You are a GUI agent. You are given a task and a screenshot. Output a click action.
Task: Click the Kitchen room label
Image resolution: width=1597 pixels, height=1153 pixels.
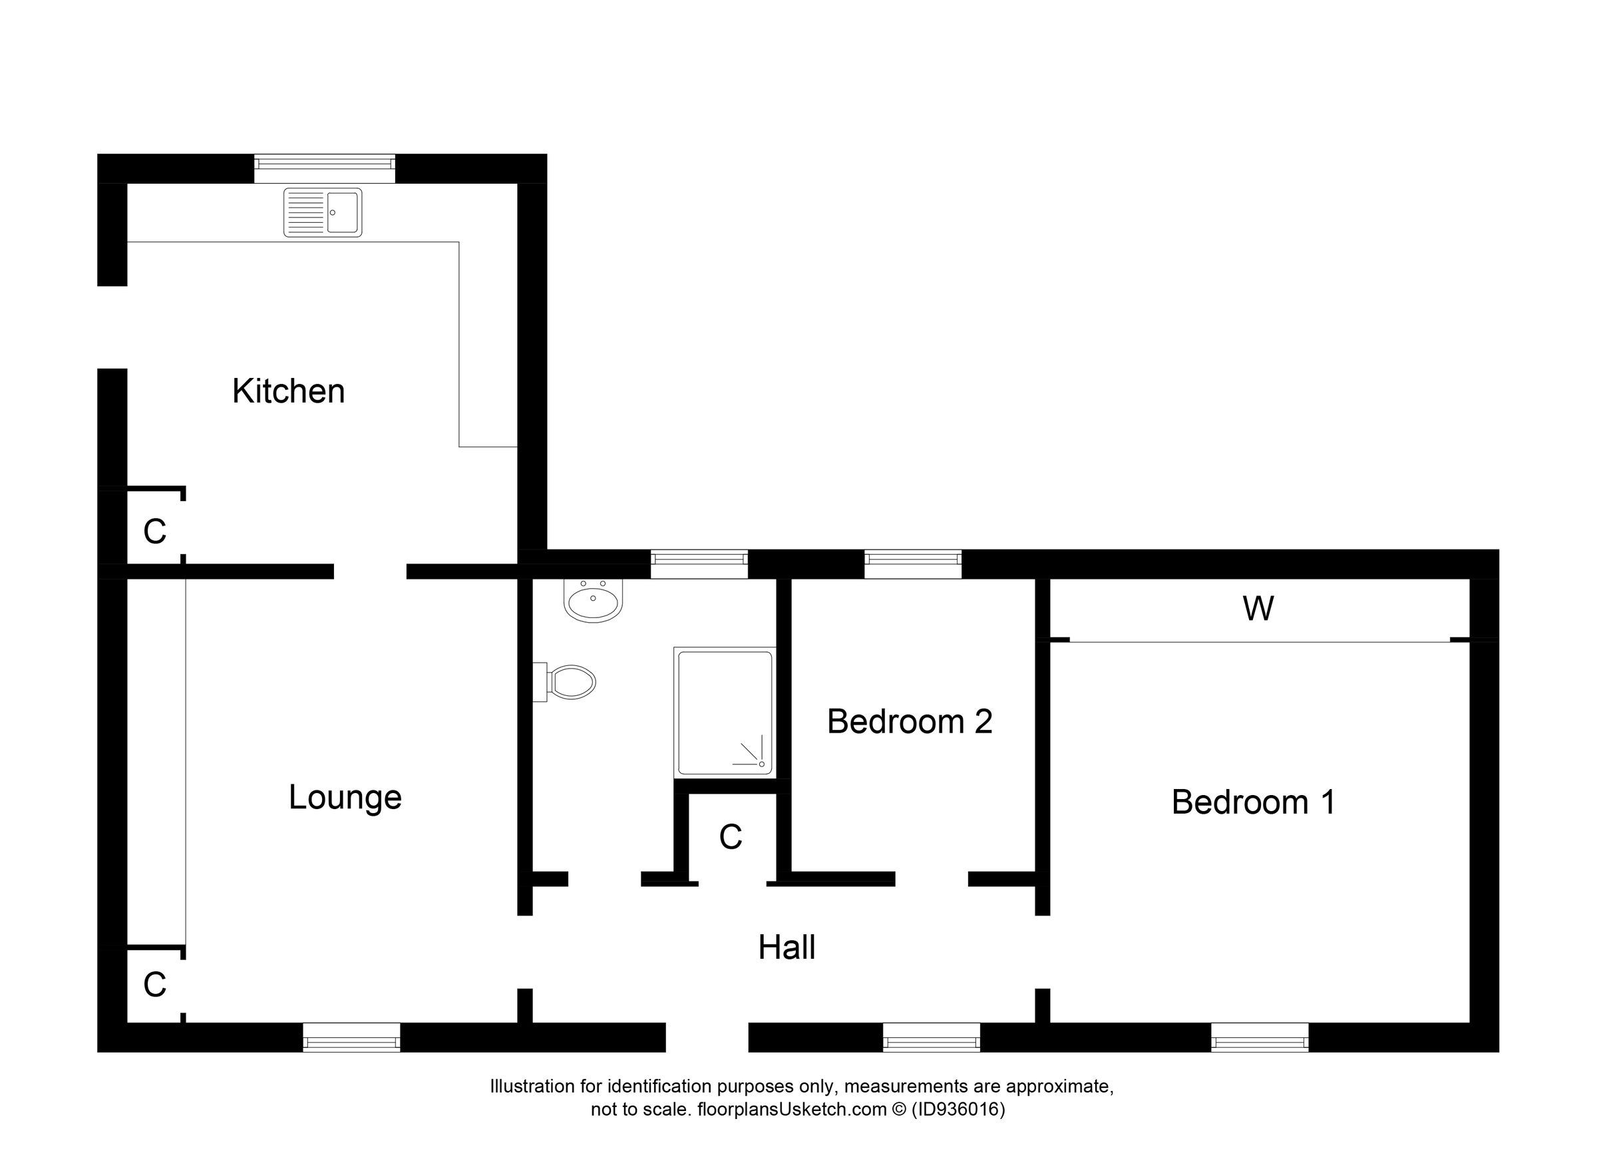[x=289, y=391]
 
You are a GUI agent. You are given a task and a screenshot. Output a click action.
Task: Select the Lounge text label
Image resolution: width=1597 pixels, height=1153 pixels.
[x=345, y=797]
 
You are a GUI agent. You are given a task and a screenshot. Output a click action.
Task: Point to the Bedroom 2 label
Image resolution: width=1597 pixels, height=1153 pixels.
[x=909, y=721]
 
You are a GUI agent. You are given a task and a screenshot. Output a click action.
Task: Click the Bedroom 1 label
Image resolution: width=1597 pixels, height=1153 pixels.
[x=1253, y=802]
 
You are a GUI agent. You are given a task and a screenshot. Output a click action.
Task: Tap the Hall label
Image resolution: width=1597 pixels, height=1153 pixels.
[x=787, y=947]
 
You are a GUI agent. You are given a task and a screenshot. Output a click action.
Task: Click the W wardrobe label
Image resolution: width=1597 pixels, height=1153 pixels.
[x=1258, y=609]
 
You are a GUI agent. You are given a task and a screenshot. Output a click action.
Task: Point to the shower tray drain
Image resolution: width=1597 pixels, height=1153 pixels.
[x=761, y=764]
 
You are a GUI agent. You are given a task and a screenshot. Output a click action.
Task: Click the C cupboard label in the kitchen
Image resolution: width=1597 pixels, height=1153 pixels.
[x=154, y=532]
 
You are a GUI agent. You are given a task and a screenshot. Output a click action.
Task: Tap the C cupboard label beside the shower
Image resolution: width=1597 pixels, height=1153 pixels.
[x=730, y=837]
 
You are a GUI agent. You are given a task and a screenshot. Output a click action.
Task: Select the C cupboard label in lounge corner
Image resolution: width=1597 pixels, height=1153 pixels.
[x=154, y=985]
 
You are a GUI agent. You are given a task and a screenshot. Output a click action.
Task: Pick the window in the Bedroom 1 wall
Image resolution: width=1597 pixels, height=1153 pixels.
[x=1259, y=1037]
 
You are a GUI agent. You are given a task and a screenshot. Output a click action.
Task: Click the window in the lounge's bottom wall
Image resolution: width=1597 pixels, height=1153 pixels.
[x=351, y=1037]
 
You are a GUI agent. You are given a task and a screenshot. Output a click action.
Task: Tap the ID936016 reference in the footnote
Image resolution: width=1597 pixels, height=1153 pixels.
[x=958, y=1110]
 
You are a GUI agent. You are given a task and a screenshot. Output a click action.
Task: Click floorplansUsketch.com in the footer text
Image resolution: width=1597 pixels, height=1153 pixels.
[x=791, y=1110]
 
